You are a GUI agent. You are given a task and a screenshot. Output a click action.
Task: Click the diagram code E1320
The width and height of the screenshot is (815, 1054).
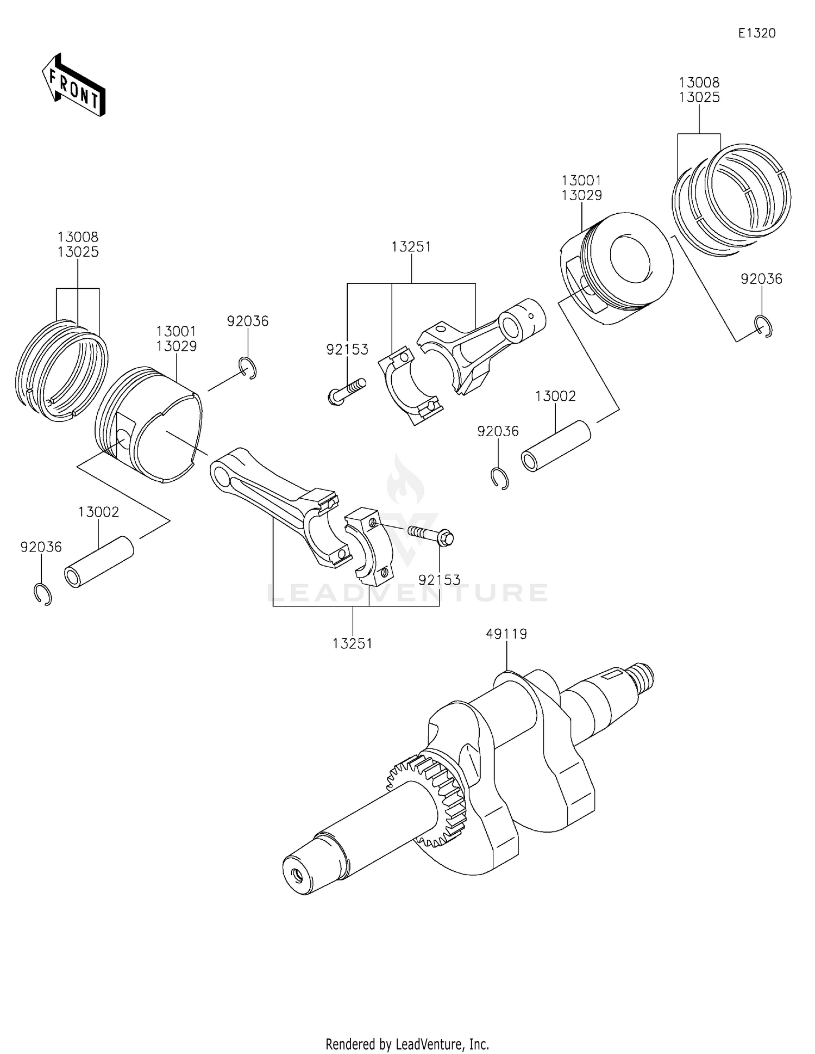pyautogui.click(x=756, y=33)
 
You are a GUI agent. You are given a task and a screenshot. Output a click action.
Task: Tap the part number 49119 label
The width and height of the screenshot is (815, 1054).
pyautogui.click(x=506, y=634)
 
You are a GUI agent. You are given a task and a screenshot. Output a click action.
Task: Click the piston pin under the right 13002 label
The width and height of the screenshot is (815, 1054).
pyautogui.click(x=555, y=446)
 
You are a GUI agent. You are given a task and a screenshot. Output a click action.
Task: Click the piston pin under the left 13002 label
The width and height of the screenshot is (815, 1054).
pyautogui.click(x=99, y=562)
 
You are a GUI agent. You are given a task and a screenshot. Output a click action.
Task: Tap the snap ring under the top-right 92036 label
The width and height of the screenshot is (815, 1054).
pyautogui.click(x=764, y=326)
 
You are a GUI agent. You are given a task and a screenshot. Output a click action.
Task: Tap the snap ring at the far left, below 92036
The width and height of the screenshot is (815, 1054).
pyautogui.click(x=42, y=594)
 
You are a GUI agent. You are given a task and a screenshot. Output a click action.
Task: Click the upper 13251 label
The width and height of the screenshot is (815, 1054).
pyautogui.click(x=411, y=247)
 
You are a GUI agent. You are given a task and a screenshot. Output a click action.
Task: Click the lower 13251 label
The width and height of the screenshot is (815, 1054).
pyautogui.click(x=353, y=643)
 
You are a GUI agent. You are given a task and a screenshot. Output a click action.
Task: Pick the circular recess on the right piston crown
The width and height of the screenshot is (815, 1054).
pyautogui.click(x=630, y=259)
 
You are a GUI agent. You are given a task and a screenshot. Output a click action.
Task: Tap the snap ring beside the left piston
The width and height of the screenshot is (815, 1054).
pyautogui.click(x=248, y=369)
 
